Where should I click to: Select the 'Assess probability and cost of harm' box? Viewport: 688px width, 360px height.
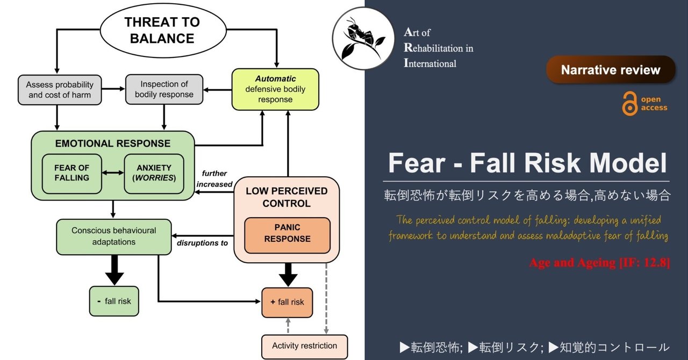[59, 90]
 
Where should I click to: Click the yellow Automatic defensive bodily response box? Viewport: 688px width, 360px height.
[275, 89]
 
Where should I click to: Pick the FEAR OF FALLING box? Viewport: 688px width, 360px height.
[72, 173]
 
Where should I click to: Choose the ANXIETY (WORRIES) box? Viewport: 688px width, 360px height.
[154, 173]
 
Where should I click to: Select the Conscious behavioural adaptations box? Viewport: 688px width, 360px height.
[114, 236]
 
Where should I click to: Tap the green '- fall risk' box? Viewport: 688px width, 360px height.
[114, 301]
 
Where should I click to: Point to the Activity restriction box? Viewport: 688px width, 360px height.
[304, 346]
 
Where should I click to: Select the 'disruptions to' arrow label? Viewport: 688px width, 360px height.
[203, 243]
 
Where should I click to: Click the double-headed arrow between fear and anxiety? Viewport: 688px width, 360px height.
[113, 173]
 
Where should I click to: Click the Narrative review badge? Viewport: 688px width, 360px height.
[610, 70]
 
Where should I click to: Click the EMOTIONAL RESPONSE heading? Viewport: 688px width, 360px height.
[112, 143]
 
